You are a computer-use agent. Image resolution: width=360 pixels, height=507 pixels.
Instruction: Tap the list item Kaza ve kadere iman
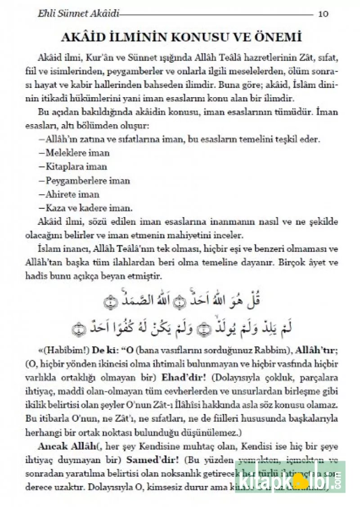[83, 208]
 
